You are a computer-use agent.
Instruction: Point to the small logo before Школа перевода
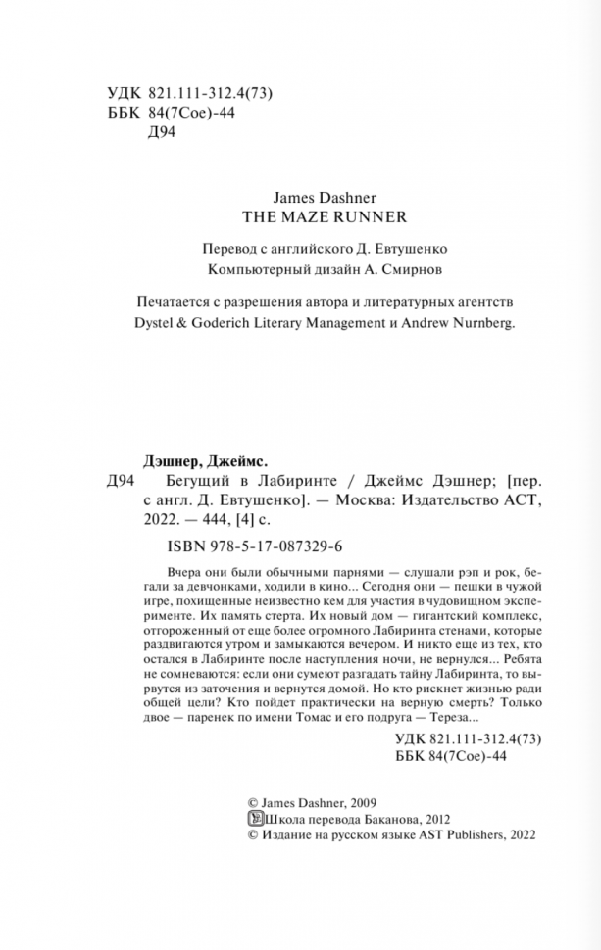[x=247, y=818]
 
